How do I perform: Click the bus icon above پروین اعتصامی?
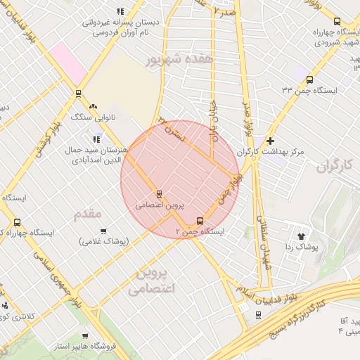(x=160, y=194)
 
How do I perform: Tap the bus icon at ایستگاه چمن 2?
(x=201, y=221)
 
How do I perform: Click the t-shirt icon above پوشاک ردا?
(x=302, y=236)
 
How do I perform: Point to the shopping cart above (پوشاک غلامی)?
(x=103, y=231)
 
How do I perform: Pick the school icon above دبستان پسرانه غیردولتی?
(x=120, y=11)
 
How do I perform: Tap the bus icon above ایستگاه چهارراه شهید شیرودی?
(x=338, y=22)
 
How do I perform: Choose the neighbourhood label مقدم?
(x=92, y=212)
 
